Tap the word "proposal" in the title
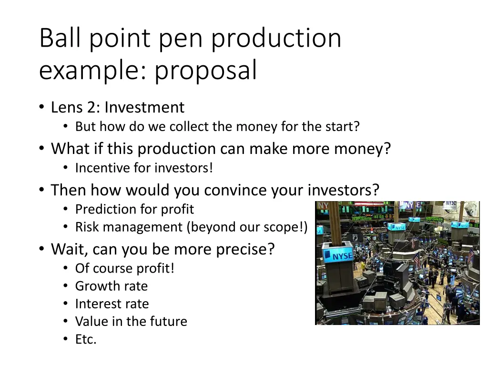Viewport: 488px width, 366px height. (205, 71)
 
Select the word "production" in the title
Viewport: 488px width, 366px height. (276, 39)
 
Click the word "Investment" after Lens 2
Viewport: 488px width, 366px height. (144, 107)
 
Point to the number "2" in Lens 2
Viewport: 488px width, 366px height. (91, 107)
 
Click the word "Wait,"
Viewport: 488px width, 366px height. (70, 249)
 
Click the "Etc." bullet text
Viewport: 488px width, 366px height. (86, 339)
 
